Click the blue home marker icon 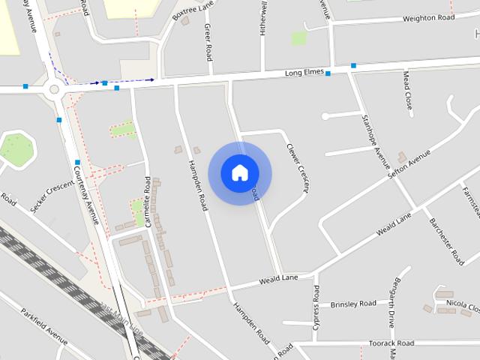pyautogui.click(x=239, y=172)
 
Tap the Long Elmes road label pyautogui.click(x=304, y=73)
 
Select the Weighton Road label pyautogui.click(x=428, y=17)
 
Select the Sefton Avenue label pyautogui.click(x=409, y=163)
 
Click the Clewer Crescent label pyautogui.click(x=298, y=166)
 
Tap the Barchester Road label pyautogui.click(x=446, y=241)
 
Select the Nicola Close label pyautogui.click(x=462, y=306)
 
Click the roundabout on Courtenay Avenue pyautogui.click(x=53, y=90)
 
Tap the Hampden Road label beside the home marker pyautogui.click(x=197, y=186)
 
